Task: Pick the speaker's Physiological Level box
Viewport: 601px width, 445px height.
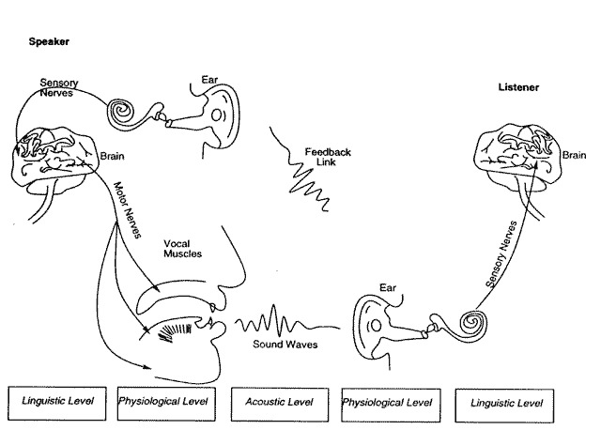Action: point(165,402)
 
